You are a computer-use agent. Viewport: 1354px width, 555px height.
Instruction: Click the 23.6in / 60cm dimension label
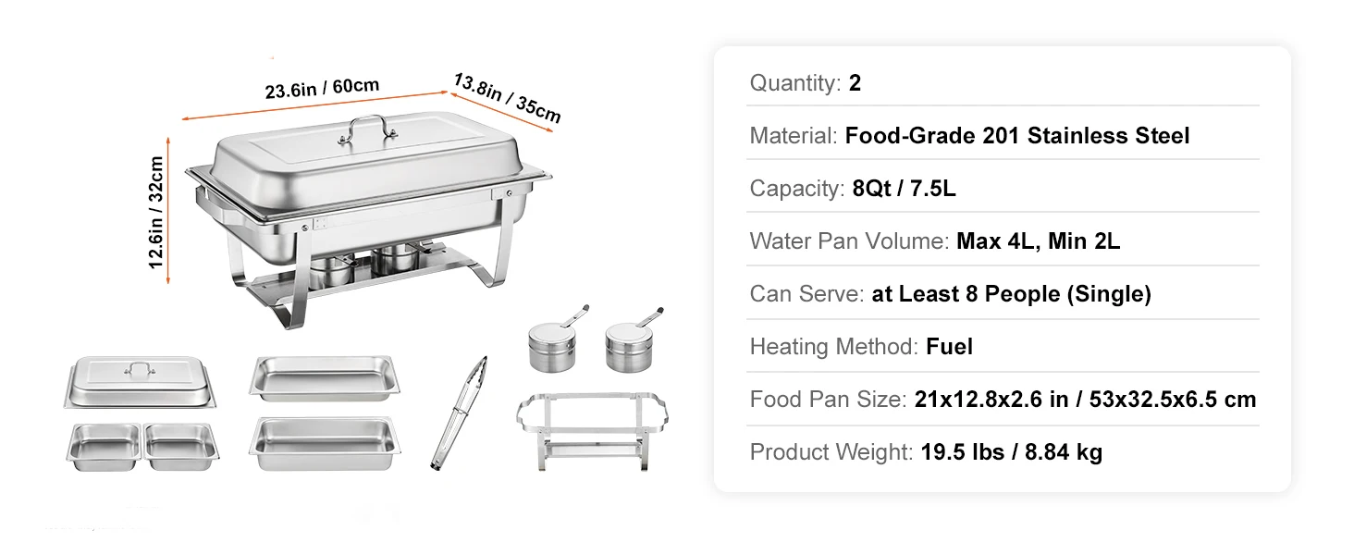point(322,89)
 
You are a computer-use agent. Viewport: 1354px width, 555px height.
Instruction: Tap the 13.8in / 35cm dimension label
point(507,97)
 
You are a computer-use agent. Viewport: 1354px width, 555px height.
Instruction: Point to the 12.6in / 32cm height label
point(156,213)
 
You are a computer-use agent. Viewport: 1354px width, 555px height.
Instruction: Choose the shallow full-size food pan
point(323,376)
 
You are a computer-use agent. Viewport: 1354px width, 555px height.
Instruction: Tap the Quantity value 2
point(855,83)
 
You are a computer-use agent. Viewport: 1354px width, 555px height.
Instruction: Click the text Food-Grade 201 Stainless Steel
point(1016,136)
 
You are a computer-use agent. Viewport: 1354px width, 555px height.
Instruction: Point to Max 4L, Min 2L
point(1038,241)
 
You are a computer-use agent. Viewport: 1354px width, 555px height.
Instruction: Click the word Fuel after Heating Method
point(949,347)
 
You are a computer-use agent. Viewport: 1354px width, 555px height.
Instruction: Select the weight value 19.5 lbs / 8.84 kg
point(1011,452)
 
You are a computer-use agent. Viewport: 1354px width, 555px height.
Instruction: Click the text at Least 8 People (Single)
point(1011,294)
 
